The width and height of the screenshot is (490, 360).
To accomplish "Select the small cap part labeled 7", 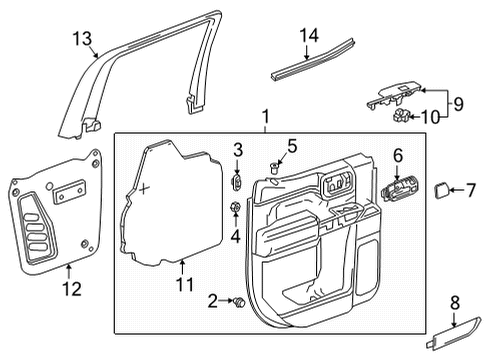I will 440,191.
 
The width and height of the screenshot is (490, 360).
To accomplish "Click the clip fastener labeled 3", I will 238,182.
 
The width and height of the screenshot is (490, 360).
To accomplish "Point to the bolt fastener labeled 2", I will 238,300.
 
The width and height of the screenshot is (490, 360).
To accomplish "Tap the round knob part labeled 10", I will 400,115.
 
